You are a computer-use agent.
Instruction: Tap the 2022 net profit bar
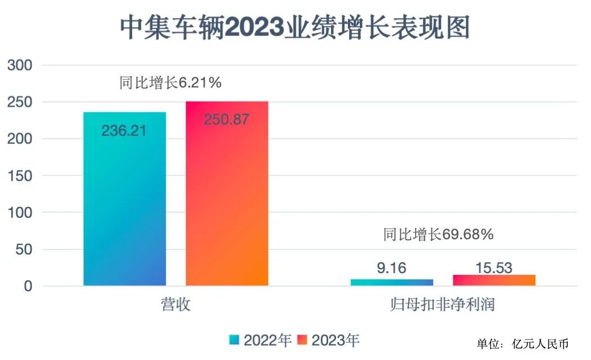[x=392, y=282]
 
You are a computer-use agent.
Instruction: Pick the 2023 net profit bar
[x=494, y=280]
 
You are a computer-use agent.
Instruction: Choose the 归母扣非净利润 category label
[x=443, y=305]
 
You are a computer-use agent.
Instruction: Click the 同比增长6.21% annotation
[x=170, y=83]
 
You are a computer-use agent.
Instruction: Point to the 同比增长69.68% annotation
[x=438, y=234]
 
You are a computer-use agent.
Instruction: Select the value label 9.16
[x=391, y=268]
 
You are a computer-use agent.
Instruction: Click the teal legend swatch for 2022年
[x=235, y=340]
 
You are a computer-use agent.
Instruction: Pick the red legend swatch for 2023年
[x=302, y=340]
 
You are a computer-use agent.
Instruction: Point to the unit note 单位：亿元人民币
[x=522, y=344]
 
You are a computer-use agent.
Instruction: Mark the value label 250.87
[x=226, y=120]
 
